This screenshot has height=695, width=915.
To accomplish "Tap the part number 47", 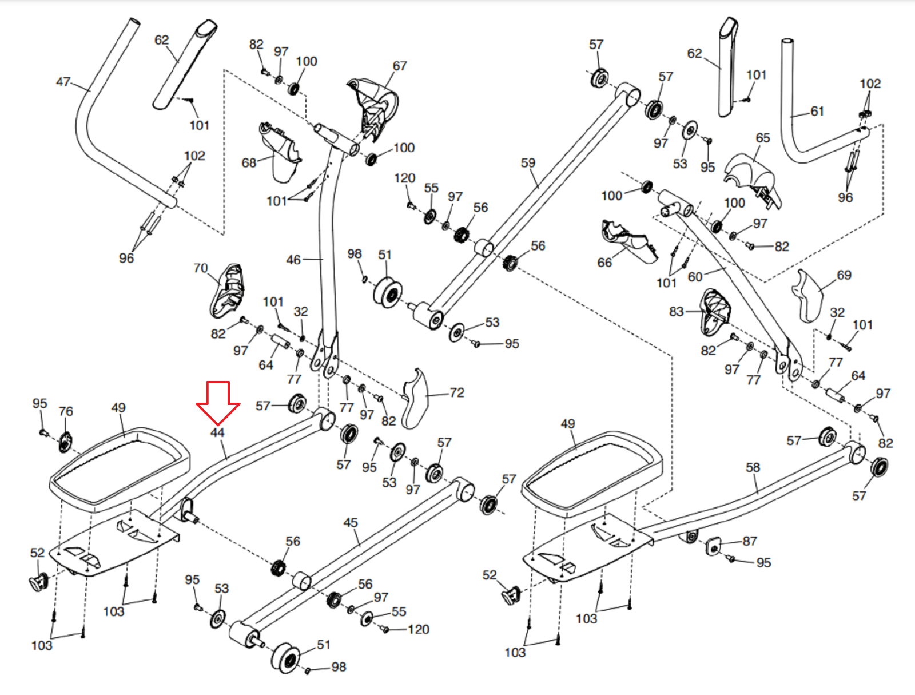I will click(x=63, y=82).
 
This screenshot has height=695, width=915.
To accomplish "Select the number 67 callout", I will click(x=400, y=66).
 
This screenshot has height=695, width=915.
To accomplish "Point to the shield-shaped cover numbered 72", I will click(x=416, y=398).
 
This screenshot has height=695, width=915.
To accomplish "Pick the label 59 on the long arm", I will click(x=528, y=163).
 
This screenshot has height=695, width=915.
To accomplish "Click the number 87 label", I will click(x=750, y=541).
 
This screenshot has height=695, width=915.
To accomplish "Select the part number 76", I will click(x=66, y=411).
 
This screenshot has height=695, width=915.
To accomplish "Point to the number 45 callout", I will click(x=351, y=523).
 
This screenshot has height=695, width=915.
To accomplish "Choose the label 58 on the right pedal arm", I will click(x=753, y=468).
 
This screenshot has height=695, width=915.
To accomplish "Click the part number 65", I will click(x=763, y=138).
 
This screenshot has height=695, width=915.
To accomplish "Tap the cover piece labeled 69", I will click(x=808, y=295).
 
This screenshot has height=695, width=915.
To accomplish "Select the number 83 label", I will click(x=677, y=312).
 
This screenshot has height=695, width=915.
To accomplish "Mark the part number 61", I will click(x=817, y=112).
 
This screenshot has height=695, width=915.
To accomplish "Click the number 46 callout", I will click(x=293, y=260).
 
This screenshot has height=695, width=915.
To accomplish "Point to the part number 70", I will click(x=201, y=268).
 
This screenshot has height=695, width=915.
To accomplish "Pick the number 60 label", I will click(x=695, y=277).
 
